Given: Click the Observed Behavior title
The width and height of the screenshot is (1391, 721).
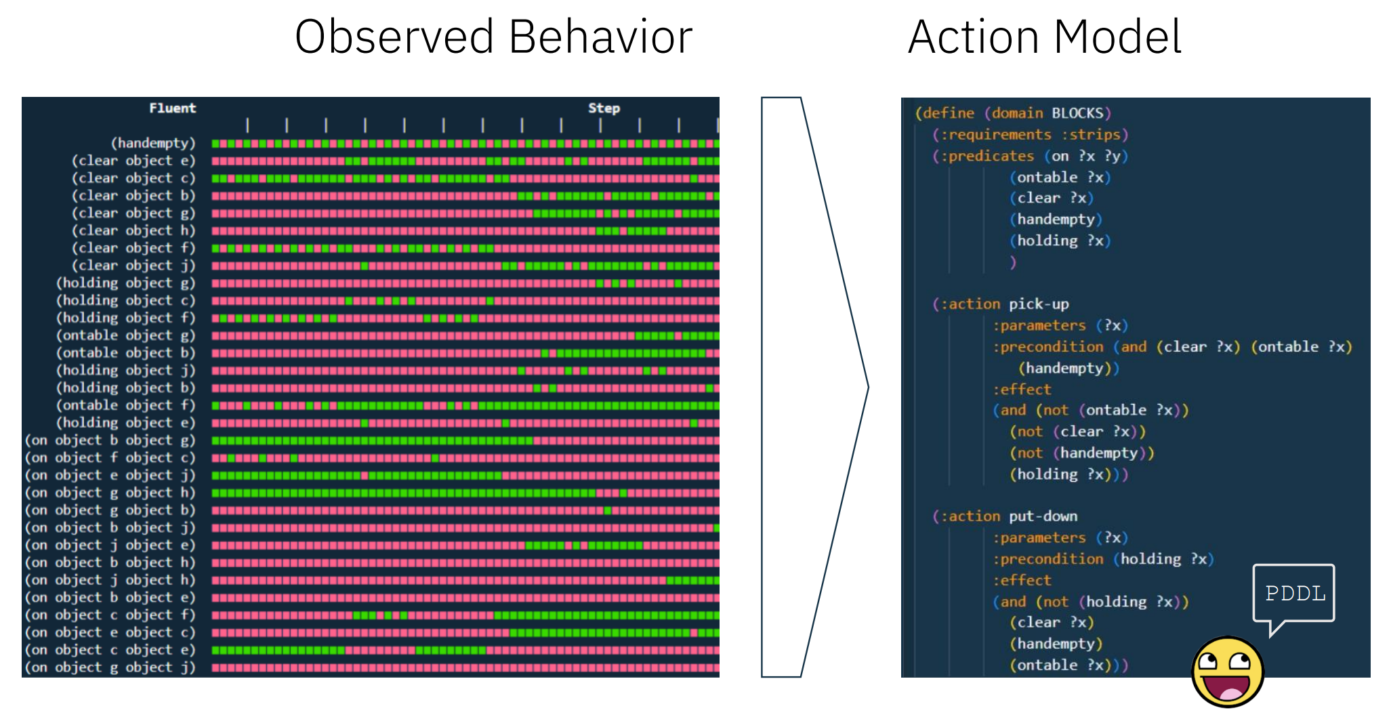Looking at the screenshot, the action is pyautogui.click(x=493, y=37).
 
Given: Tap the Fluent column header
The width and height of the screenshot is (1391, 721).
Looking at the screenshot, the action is pyautogui.click(x=172, y=108).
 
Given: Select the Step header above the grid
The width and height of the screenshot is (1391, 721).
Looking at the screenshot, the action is pyautogui.click(x=604, y=108).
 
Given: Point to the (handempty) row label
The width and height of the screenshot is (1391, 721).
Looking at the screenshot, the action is pyautogui.click(x=153, y=143).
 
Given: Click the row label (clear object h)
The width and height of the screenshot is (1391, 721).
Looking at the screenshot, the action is pyautogui.click(x=133, y=230).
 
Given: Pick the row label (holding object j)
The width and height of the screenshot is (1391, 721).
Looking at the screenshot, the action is pyautogui.click(x=126, y=370).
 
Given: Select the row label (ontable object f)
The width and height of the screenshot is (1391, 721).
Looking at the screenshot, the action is pyautogui.click(x=126, y=405).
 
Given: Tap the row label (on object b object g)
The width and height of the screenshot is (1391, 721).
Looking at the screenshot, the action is pyautogui.click(x=110, y=440).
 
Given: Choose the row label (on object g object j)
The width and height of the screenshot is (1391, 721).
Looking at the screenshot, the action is pyautogui.click(x=110, y=667).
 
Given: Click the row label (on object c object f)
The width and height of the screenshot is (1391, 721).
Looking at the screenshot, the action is pyautogui.click(x=110, y=615).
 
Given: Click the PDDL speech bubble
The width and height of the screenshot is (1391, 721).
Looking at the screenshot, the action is pyautogui.click(x=1293, y=594).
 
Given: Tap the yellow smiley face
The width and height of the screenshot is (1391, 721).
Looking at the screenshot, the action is pyautogui.click(x=1228, y=672).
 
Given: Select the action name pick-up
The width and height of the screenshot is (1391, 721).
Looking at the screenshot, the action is pyautogui.click(x=1039, y=304).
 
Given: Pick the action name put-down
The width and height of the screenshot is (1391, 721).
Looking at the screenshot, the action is pyautogui.click(x=1043, y=516).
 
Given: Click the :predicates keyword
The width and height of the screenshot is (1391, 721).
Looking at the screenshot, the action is pyautogui.click(x=987, y=157).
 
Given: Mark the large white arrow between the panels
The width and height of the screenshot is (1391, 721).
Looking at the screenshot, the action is pyautogui.click(x=814, y=387).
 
